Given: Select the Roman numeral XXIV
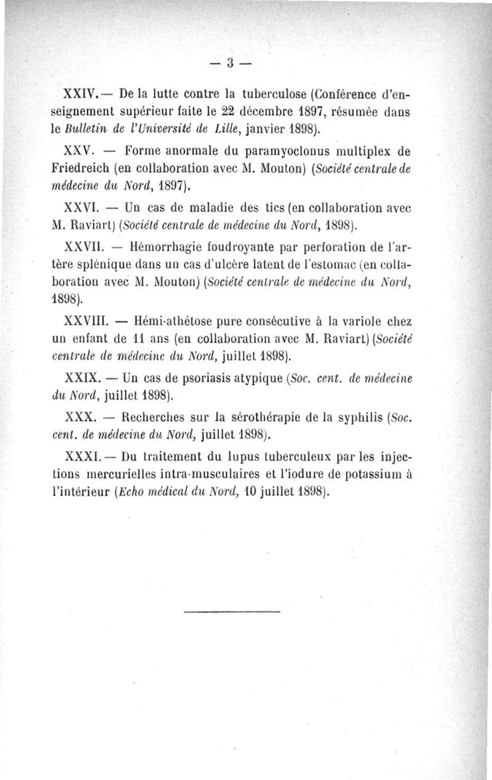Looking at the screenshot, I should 79,95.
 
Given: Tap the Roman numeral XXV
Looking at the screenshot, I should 78,151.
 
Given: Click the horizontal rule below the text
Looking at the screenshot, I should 232,611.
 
